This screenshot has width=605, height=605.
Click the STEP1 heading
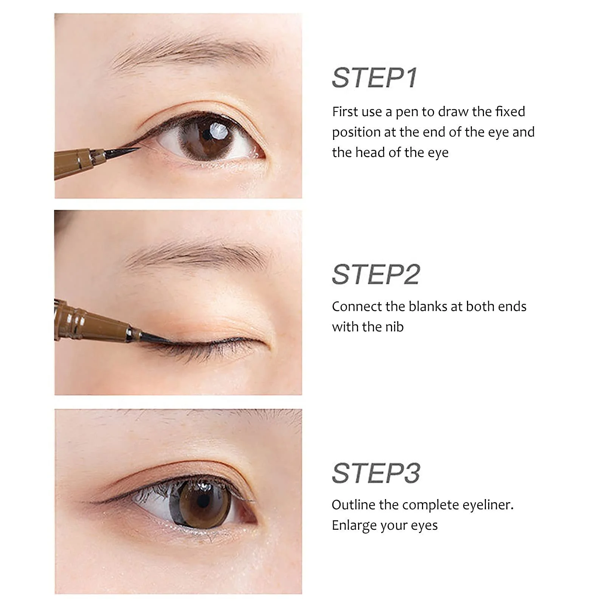click(x=374, y=78)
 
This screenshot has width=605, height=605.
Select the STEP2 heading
click(x=376, y=274)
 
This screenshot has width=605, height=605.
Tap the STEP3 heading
click(x=376, y=473)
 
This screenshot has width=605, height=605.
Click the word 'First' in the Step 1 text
click(x=345, y=112)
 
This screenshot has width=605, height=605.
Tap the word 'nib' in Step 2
click(x=394, y=327)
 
